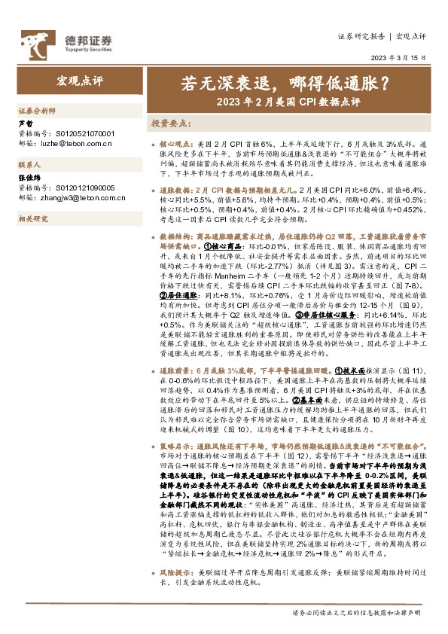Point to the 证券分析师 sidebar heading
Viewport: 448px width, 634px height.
(37, 110)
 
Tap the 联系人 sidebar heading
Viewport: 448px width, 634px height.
(29, 163)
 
